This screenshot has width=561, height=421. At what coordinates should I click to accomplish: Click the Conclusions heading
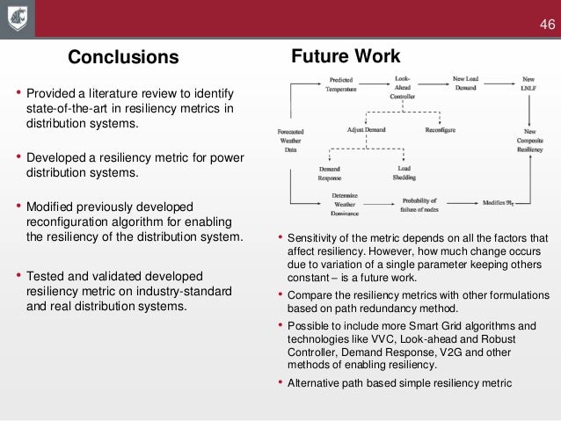[123, 58]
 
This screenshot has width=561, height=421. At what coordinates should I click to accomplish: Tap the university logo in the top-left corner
[18, 18]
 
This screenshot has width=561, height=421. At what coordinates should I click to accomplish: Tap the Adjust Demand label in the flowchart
[368, 129]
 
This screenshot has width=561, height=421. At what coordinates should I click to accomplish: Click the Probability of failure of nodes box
[419, 205]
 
